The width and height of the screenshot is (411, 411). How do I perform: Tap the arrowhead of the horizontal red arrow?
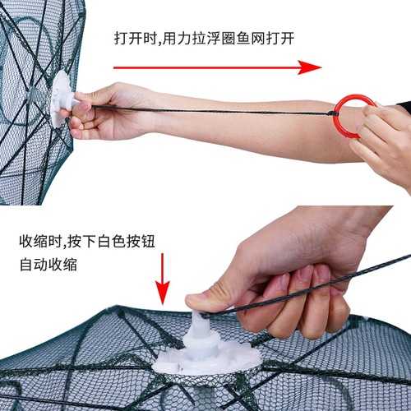(311, 67)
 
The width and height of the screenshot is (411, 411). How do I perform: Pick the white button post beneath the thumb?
(202, 329)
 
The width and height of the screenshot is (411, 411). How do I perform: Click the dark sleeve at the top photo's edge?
(404, 108)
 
